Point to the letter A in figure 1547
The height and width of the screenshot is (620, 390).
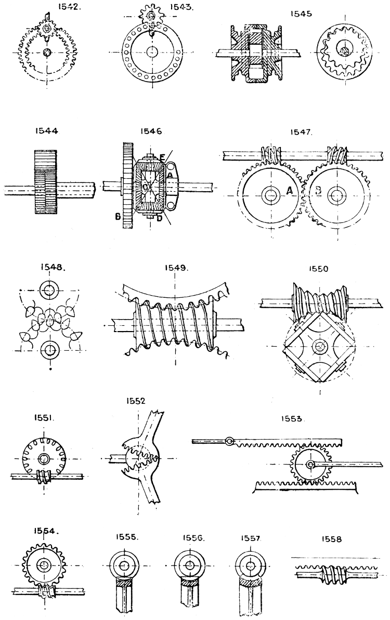(289, 192)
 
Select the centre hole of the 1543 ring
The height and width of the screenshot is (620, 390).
(152, 52)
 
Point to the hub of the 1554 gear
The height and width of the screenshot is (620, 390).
(43, 565)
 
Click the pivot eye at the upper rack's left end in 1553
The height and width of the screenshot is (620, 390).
(229, 442)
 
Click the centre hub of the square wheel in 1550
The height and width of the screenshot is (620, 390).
(318, 344)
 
